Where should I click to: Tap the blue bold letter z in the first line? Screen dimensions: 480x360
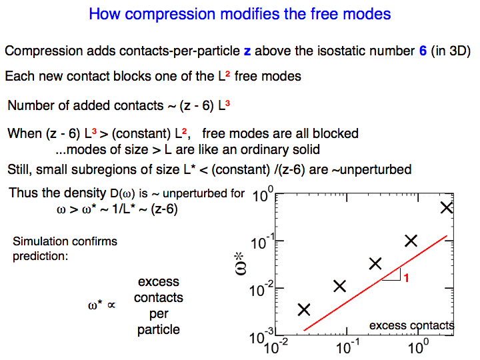point(247,51)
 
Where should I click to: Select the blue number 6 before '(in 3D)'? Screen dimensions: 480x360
point(423,51)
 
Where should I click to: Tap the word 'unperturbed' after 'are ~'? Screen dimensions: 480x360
point(375,169)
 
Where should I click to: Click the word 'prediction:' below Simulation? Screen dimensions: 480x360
point(41,256)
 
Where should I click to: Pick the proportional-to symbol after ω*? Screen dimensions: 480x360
point(111,305)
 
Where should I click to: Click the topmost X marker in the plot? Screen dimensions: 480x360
point(447,207)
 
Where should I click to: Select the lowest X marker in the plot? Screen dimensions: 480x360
point(304,309)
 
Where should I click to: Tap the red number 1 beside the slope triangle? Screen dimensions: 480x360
point(406,278)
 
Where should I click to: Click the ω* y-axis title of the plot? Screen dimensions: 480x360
point(240,264)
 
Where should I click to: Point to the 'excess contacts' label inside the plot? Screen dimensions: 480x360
point(412,325)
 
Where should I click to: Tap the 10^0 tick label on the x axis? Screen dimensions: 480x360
point(418,347)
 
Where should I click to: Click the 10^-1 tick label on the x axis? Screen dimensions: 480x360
point(348,347)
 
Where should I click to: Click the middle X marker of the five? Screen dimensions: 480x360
point(375,263)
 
